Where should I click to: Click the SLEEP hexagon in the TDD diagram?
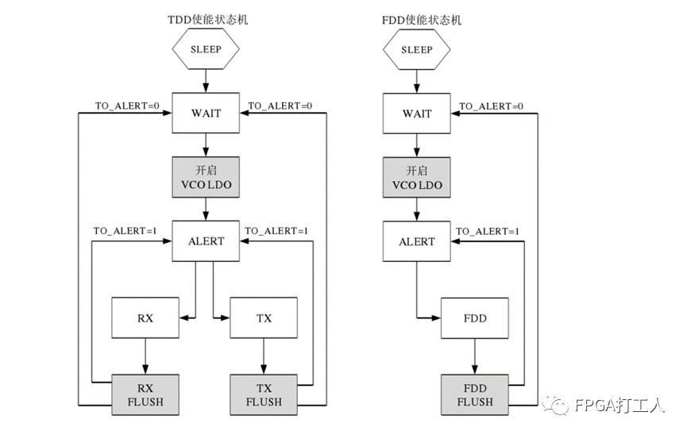click(x=206, y=49)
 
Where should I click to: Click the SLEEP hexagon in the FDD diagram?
click(x=416, y=49)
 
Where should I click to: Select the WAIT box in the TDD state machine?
click(x=206, y=113)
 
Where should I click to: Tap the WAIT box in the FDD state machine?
click(x=416, y=113)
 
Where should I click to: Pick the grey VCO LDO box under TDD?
click(x=206, y=177)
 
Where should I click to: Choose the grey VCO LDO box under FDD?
click(x=416, y=177)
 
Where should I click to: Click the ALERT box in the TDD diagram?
click(x=206, y=241)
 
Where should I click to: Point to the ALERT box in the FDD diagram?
click(x=416, y=241)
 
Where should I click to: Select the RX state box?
click(x=145, y=318)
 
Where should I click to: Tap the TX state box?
click(x=264, y=318)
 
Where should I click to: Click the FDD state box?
click(x=475, y=318)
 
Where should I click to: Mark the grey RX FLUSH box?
click(x=145, y=395)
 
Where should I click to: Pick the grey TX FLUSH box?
click(x=264, y=395)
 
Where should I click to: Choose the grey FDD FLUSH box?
click(x=475, y=395)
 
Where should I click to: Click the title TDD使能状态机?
click(x=206, y=19)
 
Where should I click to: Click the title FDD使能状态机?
click(x=416, y=19)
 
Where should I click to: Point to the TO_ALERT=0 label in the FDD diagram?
click(x=491, y=106)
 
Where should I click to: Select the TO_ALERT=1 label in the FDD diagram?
click(x=488, y=231)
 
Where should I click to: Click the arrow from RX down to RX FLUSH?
click(x=145, y=356)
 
